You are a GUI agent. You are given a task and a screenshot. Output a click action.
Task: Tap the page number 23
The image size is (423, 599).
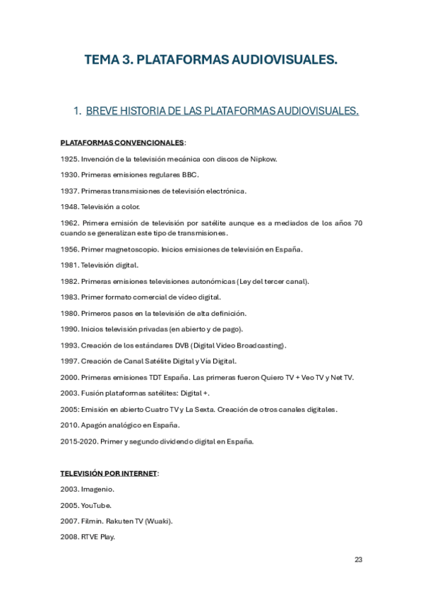coord(358,559)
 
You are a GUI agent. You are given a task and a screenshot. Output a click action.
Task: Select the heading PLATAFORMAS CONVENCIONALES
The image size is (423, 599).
coord(122,142)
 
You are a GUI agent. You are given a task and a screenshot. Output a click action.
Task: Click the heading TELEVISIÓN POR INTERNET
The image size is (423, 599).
coord(109,473)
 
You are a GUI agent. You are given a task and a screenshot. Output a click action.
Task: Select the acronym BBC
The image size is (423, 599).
coord(191,174)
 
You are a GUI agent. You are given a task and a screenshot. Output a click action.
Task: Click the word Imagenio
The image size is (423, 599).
coord(97,489)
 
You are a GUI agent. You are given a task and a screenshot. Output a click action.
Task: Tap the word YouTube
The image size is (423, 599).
coord(97,505)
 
